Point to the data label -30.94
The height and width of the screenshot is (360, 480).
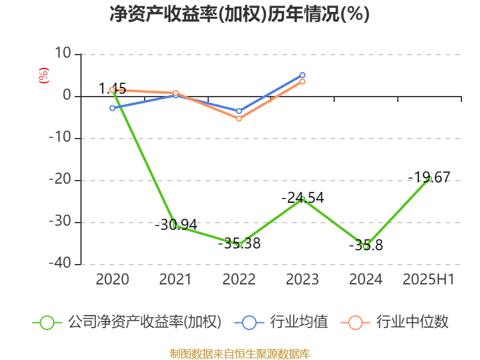[x=176, y=225]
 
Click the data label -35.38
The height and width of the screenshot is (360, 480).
[x=239, y=243]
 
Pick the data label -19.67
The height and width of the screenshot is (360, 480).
[x=429, y=177]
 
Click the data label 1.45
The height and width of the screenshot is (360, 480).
[x=112, y=89]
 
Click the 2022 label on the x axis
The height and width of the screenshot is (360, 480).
[x=239, y=279]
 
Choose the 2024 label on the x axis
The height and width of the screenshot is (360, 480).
[x=366, y=279]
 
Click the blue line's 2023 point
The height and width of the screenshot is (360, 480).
[x=302, y=75]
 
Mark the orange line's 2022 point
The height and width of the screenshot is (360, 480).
[x=239, y=119]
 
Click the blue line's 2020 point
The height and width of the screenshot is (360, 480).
[x=112, y=108]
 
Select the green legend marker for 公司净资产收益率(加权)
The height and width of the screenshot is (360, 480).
[x=47, y=322]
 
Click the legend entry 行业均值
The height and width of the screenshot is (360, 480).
[x=299, y=322]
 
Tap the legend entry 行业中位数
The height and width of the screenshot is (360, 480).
[x=412, y=322]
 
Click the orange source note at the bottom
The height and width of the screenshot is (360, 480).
[x=239, y=353]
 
